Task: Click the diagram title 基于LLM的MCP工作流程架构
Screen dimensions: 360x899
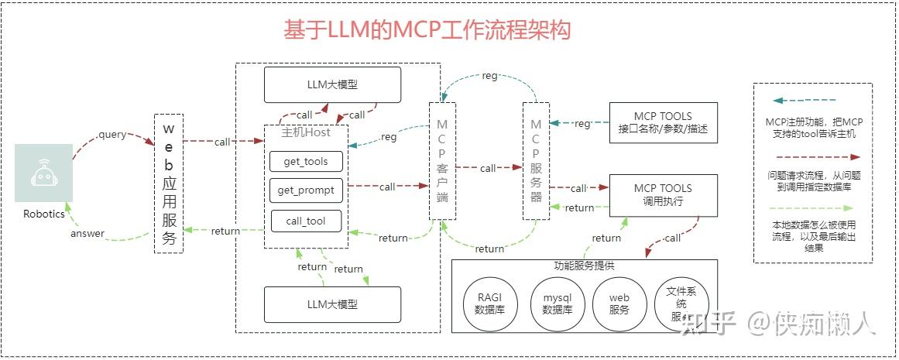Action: pos(427,30)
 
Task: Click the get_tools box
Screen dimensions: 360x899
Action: pos(306,161)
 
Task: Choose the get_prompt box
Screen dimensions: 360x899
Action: pos(306,190)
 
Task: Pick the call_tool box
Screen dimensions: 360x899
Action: pos(306,221)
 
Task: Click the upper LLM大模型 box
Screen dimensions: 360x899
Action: pos(332,84)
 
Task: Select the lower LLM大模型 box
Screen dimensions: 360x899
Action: pos(332,304)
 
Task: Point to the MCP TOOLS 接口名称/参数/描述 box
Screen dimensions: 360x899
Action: pos(663,122)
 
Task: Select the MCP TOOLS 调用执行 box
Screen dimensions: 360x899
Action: pos(663,194)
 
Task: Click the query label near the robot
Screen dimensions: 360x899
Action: pos(112,134)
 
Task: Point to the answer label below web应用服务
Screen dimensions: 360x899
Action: pos(87,234)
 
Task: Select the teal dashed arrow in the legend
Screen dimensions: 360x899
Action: pos(805,101)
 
